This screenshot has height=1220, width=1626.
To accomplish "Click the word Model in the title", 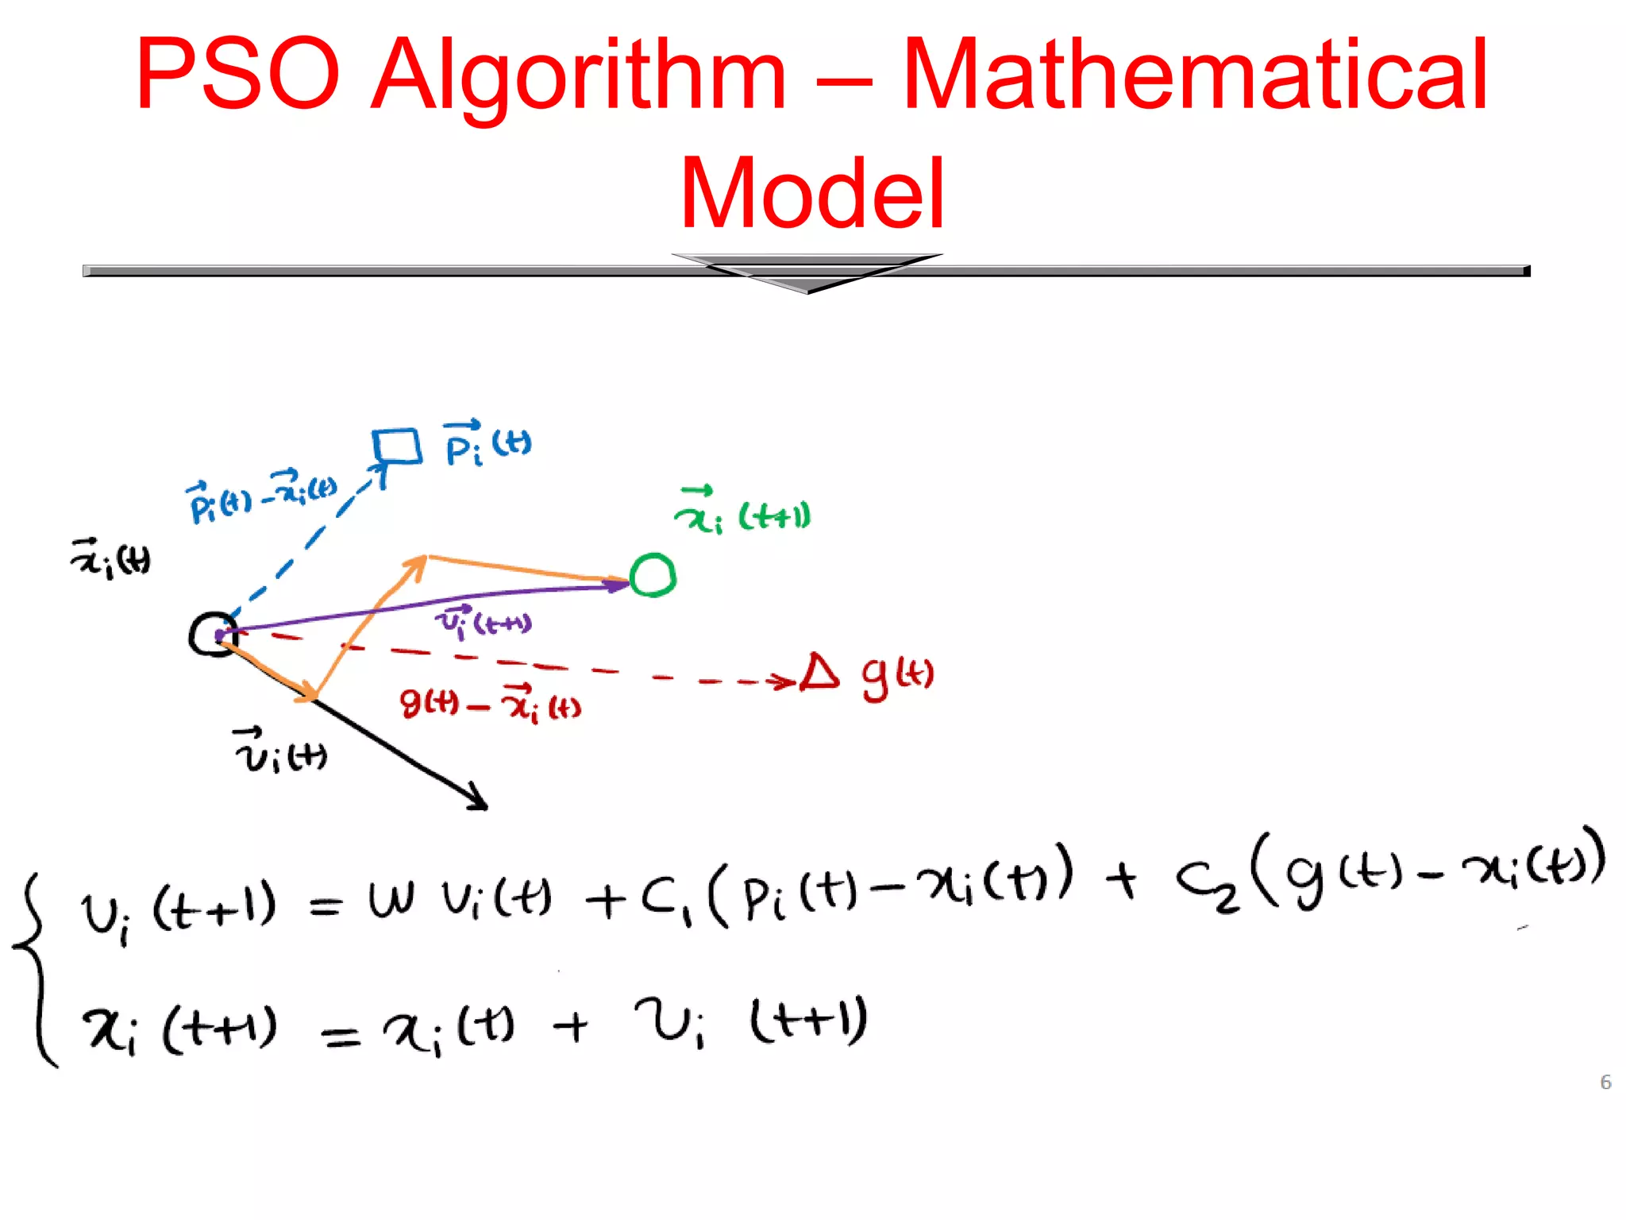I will point(811,193).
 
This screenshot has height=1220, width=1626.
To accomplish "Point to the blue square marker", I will point(397,446).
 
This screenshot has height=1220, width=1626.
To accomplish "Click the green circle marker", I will point(653,574).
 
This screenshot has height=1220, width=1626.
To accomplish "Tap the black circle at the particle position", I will point(213,635).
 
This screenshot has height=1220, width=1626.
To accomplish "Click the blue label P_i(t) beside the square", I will point(487,444).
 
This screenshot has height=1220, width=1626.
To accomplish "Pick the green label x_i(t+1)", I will point(742,512).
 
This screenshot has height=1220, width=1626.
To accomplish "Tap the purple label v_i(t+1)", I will point(484,621).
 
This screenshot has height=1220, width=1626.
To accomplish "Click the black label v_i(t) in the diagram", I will point(280,751).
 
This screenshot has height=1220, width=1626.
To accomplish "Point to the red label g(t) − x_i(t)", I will point(490,704).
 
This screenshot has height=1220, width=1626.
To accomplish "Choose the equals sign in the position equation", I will point(341,1035).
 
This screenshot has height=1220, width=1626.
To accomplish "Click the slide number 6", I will point(1605,1082).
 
